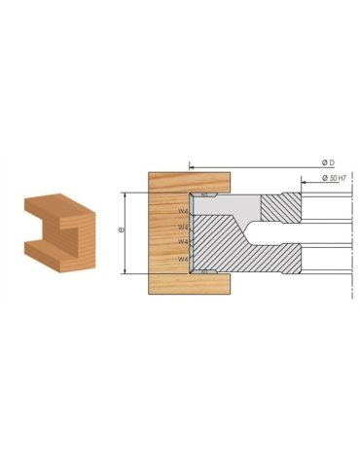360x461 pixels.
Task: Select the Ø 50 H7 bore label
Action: click(329, 179)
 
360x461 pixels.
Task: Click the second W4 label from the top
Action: click(184, 228)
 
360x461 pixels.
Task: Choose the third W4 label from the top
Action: click(184, 242)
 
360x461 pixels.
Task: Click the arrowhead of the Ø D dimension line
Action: click(193, 166)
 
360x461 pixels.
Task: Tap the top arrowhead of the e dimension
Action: click(126, 195)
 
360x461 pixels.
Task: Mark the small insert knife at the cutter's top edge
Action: click(205, 195)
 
